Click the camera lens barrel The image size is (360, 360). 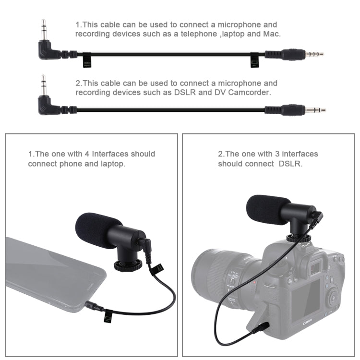pyautogui.click(x=216, y=276)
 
